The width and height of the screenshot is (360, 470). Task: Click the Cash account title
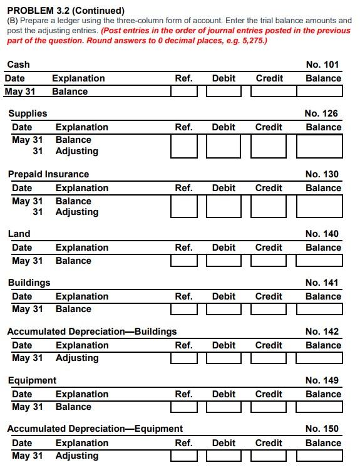[18, 65]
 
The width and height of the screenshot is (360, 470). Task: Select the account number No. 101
[322, 65]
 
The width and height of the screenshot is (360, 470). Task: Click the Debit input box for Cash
[224, 91]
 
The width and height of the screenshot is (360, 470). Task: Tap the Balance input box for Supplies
[319, 145]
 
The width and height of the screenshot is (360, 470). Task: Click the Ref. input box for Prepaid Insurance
[183, 207]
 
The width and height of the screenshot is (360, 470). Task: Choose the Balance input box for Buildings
[319, 310]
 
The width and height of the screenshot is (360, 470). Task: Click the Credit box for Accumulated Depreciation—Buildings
[269, 358]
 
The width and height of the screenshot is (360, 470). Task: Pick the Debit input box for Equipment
[224, 407]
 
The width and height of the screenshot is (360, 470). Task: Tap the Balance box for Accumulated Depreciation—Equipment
[319, 456]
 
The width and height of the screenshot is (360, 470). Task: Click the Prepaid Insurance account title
[48, 174]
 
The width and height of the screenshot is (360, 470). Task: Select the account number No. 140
[322, 234]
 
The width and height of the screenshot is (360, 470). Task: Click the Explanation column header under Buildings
[82, 296]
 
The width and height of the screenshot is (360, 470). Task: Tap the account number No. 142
[322, 332]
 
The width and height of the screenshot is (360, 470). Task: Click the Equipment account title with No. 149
[32, 380]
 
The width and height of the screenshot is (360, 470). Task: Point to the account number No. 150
[322, 429]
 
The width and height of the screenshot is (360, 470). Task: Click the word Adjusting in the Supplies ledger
[76, 151]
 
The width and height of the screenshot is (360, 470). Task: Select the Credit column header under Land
[269, 248]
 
